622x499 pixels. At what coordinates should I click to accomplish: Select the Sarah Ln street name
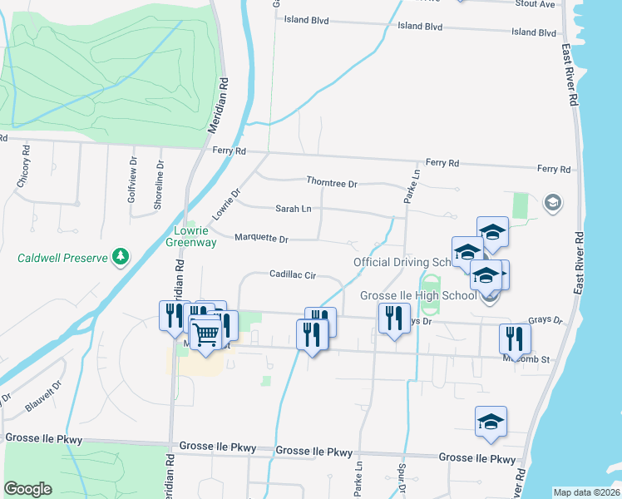(294, 209)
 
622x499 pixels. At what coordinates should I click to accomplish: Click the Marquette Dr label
(261, 239)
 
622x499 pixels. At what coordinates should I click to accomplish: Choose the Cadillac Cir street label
(293, 274)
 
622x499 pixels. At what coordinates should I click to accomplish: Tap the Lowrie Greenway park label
(195, 236)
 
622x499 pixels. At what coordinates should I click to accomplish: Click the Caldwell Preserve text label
(63, 258)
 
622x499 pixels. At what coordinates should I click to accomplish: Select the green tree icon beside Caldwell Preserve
(121, 257)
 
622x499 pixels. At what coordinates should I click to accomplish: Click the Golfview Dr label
(132, 175)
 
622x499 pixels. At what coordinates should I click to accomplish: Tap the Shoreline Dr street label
(156, 185)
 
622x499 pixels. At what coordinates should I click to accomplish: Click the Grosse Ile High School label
(418, 296)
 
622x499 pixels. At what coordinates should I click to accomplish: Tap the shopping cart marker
(205, 334)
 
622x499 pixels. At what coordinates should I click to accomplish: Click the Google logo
(27, 489)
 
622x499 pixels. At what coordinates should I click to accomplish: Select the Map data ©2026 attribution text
(587, 492)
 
